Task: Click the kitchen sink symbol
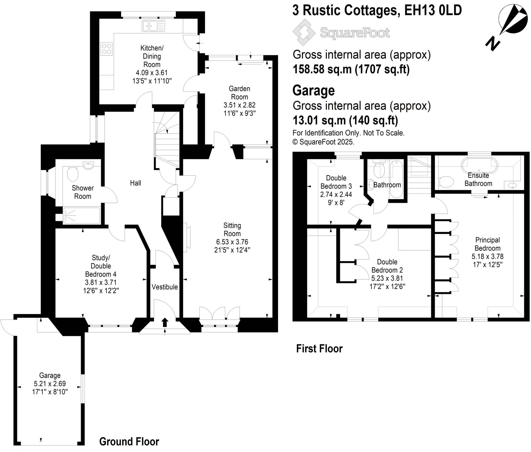click(x=153, y=26)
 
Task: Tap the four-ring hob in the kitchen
click(x=107, y=49)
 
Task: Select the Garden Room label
click(x=239, y=93)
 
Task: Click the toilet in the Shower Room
click(x=73, y=173)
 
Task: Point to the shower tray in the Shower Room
click(x=81, y=215)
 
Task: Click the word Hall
click(x=135, y=183)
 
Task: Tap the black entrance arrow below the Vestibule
click(x=165, y=323)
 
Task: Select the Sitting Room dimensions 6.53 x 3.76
click(x=232, y=242)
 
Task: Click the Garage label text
click(x=50, y=375)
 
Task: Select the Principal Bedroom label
click(x=487, y=244)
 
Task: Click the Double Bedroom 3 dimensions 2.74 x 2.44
click(x=336, y=194)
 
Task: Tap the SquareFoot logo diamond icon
click(x=304, y=32)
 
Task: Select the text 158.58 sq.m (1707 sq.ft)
click(x=351, y=69)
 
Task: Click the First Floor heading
click(x=319, y=349)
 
